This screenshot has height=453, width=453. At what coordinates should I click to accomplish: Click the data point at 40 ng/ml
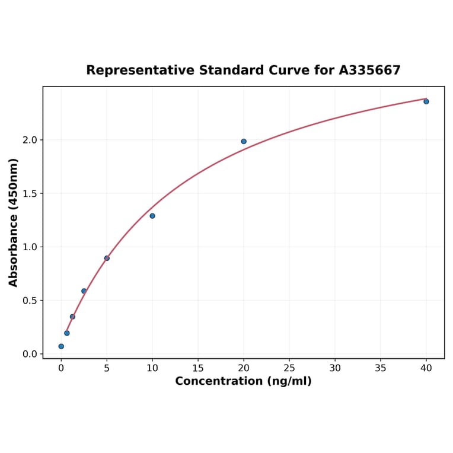426,101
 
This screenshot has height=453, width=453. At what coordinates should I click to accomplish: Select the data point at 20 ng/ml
244,141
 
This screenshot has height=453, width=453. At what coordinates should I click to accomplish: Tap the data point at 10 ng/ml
152,216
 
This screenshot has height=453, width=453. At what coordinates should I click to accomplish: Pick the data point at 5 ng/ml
107,258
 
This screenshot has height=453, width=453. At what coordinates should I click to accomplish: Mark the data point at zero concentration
61,346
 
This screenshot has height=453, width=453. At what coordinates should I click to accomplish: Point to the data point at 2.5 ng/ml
84,291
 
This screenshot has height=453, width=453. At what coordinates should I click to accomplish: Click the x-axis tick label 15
198,368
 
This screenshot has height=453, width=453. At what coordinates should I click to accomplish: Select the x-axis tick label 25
289,368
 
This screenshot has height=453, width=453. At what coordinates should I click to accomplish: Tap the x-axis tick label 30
335,368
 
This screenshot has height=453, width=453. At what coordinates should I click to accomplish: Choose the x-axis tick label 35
381,368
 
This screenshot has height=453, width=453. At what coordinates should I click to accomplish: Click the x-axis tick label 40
426,368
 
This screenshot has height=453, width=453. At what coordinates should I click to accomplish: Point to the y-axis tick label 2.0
30,140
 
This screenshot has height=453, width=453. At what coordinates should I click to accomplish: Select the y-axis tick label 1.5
30,193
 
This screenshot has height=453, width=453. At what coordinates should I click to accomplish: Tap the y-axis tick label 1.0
30,247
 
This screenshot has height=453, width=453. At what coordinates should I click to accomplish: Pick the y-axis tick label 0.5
30,301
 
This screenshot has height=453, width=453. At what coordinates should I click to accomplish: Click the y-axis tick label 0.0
30,354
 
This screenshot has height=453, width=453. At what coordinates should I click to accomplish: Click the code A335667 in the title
370,71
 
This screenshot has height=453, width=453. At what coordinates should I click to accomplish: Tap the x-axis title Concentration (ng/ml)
243,381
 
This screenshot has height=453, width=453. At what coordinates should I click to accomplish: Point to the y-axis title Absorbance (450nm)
14,222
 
